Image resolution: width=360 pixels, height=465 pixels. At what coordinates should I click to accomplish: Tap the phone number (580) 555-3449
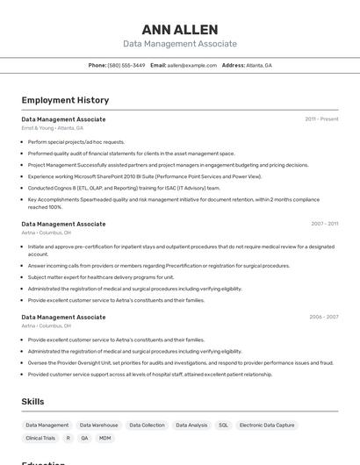126,65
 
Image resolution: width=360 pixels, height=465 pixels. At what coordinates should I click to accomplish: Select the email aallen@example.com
192,65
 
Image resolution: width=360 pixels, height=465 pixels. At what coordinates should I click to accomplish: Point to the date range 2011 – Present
321,119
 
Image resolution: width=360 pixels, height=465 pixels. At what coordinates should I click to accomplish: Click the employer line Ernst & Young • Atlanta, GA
52,128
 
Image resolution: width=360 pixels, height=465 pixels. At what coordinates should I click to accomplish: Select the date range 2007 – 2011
324,224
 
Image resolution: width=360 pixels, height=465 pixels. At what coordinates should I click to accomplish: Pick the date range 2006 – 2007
323,317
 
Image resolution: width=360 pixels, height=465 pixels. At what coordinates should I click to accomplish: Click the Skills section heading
33,401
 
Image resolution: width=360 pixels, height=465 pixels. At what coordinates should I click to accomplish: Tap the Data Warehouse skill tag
98,425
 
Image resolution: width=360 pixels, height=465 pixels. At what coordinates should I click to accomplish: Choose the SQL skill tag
223,425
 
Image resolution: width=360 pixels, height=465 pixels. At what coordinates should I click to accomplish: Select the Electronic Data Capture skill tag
267,425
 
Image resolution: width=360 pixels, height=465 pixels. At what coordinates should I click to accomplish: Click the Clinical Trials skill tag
40,438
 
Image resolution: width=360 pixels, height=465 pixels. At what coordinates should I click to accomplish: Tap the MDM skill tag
105,438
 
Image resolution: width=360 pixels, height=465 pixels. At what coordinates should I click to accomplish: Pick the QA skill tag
84,438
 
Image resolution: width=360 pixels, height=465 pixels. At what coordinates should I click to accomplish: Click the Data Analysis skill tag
191,425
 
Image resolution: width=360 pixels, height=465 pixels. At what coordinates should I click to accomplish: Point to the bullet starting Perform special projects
76,141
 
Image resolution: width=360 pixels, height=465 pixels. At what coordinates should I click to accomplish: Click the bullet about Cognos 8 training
124,187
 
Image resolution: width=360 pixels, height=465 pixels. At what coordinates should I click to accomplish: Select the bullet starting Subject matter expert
101,276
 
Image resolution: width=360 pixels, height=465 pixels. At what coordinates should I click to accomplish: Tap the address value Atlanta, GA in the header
259,65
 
